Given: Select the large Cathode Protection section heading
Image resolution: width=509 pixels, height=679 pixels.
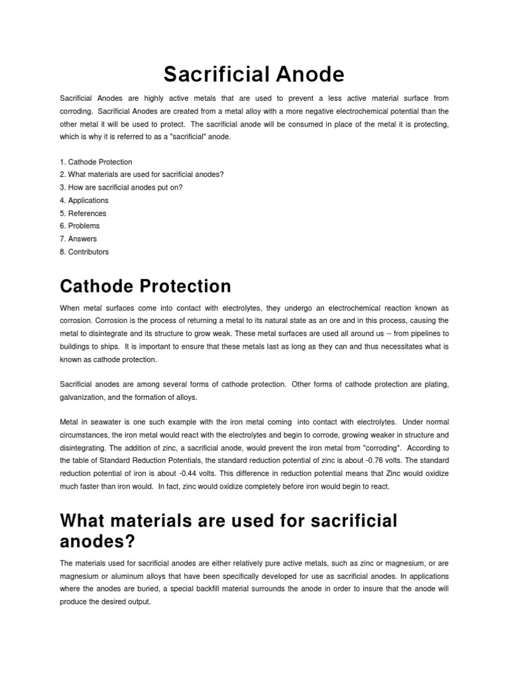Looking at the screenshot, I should pos(145,286).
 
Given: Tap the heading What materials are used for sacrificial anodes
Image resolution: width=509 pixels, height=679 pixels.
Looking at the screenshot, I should pos(229,530).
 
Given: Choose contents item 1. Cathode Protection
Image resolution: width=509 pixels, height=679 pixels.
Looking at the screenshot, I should pos(96,162).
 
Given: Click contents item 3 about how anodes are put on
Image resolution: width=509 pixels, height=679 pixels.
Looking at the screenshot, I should pos(121,188).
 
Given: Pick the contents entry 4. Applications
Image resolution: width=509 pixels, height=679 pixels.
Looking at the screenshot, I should pos(84,200).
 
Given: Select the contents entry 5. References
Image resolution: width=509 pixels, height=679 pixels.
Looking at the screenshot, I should pos(83,214).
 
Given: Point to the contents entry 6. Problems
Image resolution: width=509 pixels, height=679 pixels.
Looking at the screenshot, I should pos(80,226).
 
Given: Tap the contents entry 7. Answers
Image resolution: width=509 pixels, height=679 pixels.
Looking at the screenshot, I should pos(78,239).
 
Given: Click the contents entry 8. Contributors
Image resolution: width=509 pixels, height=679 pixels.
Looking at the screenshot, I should pos(84,252).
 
